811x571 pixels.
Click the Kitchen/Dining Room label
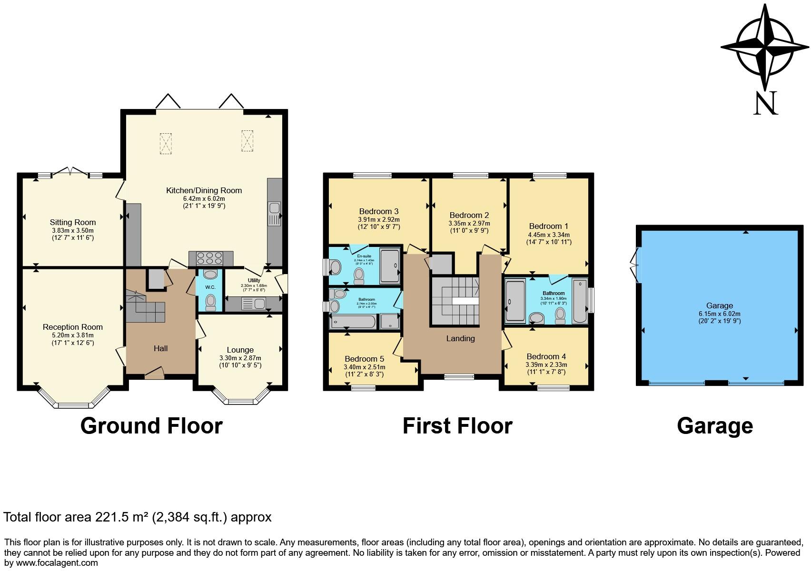(204, 190)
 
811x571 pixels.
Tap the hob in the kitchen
(210, 258)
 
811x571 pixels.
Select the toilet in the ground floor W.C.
(210, 301)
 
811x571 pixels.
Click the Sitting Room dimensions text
(73, 233)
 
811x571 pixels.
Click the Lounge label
(240, 350)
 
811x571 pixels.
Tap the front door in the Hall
(154, 374)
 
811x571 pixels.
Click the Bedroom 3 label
(378, 211)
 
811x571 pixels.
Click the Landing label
(460, 338)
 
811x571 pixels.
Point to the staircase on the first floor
(455, 301)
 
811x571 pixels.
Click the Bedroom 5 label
(364, 359)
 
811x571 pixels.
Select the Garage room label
(719, 305)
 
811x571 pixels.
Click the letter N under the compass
(765, 103)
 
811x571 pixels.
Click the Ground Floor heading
(151, 425)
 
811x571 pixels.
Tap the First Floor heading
(457, 425)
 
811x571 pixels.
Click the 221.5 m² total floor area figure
(126, 517)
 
